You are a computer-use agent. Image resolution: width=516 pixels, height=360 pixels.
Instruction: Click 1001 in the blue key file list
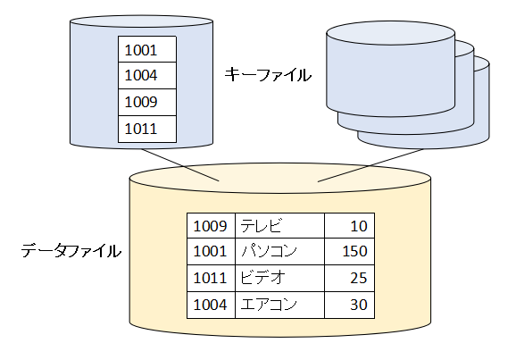tap(141, 50)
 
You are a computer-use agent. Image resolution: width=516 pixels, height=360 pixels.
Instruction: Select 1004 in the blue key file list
tap(141, 75)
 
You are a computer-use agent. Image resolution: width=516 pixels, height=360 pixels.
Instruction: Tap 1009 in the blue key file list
tap(141, 102)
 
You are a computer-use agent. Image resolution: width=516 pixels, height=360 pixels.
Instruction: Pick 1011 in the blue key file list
tap(141, 129)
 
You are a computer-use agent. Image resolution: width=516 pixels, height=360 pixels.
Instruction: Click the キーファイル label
tap(268, 75)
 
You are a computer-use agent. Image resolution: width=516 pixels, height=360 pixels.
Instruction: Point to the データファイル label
tap(71, 251)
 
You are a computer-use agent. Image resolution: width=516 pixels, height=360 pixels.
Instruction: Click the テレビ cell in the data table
tap(262, 226)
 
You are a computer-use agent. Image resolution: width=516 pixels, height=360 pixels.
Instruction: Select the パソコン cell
tap(270, 251)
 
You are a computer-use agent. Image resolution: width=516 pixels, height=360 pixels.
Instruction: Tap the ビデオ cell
tap(262, 278)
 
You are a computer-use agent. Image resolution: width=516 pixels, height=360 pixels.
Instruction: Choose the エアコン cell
tap(269, 305)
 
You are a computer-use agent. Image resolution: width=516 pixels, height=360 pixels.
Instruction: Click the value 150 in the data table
tap(354, 251)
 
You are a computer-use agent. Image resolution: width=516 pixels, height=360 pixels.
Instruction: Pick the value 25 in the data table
tap(359, 278)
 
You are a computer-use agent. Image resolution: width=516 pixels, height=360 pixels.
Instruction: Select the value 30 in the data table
tap(359, 305)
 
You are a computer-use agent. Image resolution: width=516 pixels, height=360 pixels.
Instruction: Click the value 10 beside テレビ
tap(359, 226)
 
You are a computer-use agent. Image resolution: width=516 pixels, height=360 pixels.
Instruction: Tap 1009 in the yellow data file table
tap(210, 226)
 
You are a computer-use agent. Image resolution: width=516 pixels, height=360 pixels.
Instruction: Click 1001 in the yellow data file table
tap(210, 251)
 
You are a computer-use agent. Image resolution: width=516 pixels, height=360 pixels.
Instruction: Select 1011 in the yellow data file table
tap(210, 278)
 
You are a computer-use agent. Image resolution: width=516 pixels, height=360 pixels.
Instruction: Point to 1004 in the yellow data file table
tap(210, 305)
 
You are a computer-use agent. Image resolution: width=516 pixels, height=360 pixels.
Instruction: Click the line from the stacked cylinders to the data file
tap(370, 165)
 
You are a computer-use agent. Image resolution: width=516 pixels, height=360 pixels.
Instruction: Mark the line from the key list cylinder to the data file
tap(180, 165)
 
